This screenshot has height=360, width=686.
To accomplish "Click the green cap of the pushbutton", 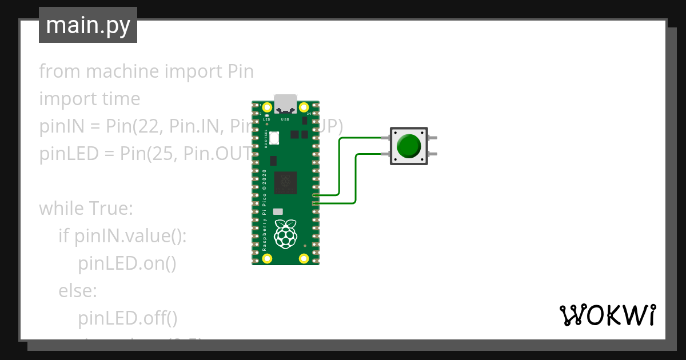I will coord(409,146).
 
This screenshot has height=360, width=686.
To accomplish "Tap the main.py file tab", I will coord(88,25).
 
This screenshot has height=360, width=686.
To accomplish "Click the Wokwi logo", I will coord(607,315).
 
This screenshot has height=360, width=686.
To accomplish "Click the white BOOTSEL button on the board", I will coord(274,138).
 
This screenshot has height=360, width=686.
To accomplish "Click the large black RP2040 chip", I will coord(285,182).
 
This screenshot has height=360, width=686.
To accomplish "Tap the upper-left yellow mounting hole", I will coord(267,107).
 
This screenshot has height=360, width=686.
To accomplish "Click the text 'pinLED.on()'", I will coord(127,263).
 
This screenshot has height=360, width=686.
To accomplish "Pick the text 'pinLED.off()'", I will coord(128,318).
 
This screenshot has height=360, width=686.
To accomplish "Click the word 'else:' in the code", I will coord(78,291).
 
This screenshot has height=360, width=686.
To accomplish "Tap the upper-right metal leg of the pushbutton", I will coord(433,138).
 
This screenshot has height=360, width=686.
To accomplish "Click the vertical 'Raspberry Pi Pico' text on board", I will coord(264,211).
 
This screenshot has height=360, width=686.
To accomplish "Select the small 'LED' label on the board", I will coord(266,119).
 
